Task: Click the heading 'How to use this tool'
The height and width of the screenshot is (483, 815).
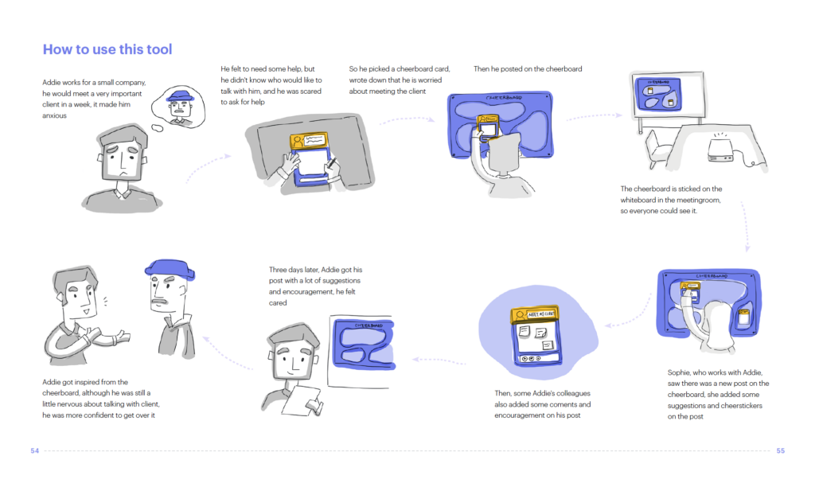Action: [107, 49]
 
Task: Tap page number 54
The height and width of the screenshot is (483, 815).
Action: [35, 450]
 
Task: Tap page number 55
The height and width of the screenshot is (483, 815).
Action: [780, 450]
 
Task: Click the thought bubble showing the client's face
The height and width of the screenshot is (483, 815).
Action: [178, 107]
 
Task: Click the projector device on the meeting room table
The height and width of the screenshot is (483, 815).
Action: [720, 150]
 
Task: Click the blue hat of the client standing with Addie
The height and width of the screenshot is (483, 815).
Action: [170, 268]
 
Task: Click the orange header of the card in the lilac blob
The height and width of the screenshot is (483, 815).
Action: [535, 314]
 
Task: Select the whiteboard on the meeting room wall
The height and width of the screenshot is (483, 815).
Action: [669, 95]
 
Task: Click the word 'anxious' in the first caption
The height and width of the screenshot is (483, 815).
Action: [55, 115]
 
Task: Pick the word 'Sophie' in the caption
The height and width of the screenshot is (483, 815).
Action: [678, 372]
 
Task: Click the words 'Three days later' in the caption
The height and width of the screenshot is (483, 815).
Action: [293, 269]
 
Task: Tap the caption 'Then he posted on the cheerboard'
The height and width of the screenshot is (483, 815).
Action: [528, 68]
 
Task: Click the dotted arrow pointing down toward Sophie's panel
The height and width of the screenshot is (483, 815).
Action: [746, 227]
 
